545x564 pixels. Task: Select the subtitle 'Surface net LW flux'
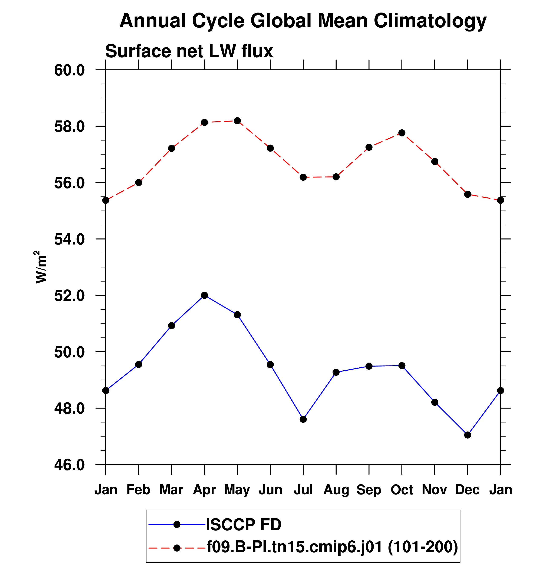pyautogui.click(x=189, y=51)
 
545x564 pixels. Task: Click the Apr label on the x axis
pyautogui.click(x=204, y=489)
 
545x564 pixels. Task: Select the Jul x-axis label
pyautogui.click(x=303, y=489)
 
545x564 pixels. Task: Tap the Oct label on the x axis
pyautogui.click(x=402, y=489)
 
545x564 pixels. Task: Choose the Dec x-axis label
pyautogui.click(x=468, y=489)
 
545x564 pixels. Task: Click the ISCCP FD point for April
pyautogui.click(x=205, y=295)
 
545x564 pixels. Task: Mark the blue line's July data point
pyautogui.click(x=303, y=419)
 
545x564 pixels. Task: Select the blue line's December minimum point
pyautogui.click(x=468, y=435)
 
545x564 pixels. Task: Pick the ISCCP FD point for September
pyautogui.click(x=369, y=366)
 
